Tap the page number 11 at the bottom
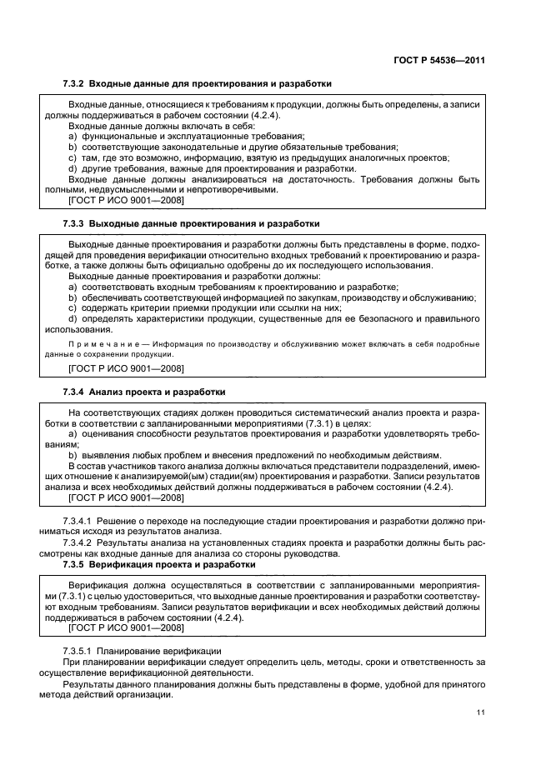point(481,712)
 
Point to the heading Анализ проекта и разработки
point(157,392)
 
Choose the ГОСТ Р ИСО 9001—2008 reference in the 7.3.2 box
point(126,200)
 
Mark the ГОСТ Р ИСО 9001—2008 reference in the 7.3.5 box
point(126,630)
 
